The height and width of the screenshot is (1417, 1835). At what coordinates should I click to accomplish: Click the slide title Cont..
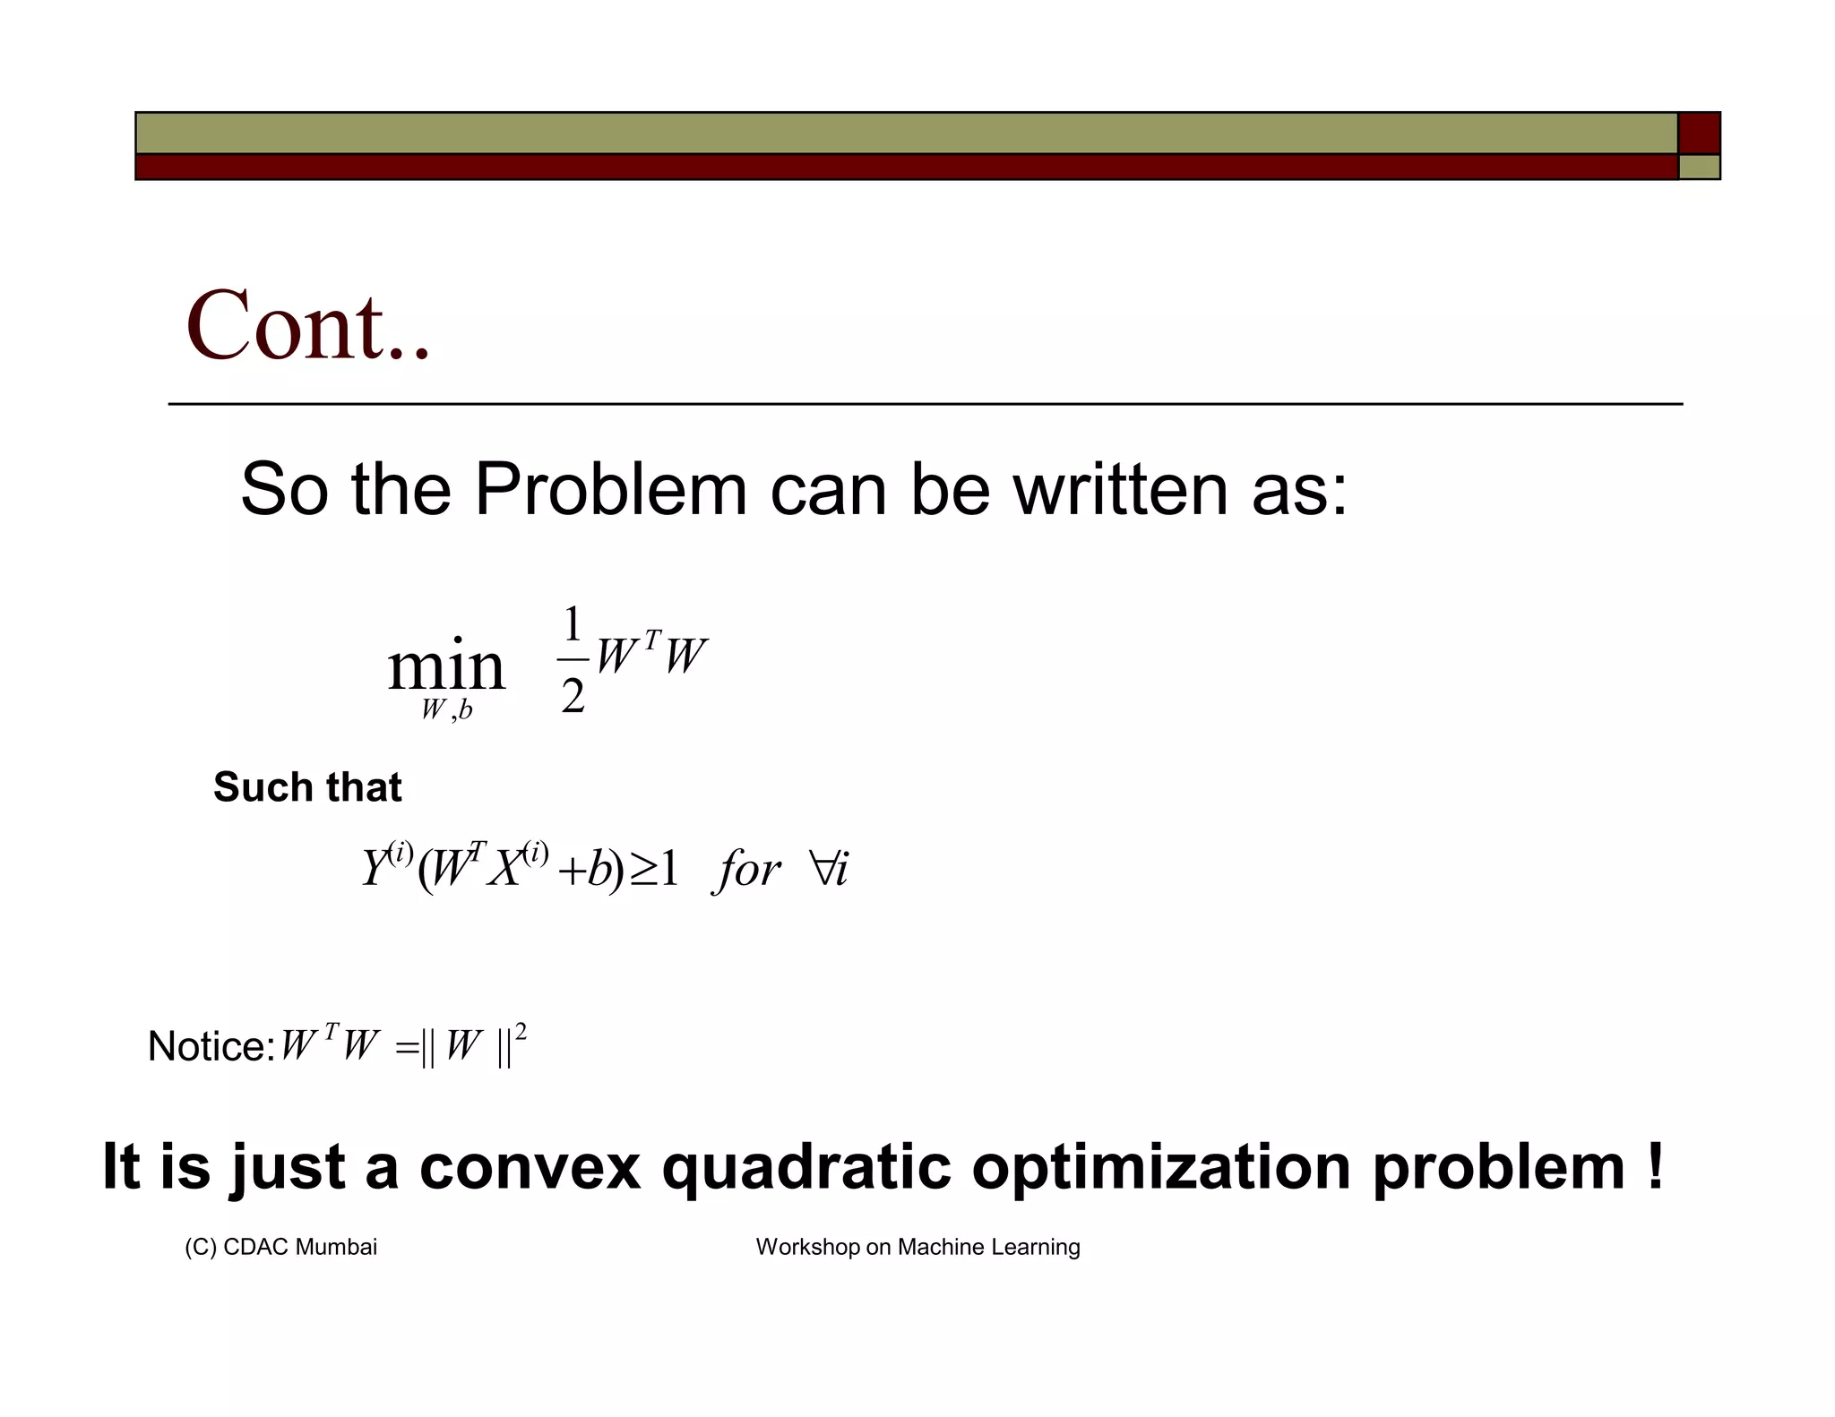(307, 325)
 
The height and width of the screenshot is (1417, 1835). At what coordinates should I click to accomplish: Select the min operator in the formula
(446, 666)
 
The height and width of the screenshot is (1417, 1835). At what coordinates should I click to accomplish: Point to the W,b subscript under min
(446, 710)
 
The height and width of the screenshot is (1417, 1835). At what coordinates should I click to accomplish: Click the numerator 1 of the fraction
(573, 623)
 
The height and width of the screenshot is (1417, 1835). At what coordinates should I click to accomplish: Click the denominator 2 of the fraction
(573, 696)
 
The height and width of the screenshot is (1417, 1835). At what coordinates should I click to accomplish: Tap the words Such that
(307, 787)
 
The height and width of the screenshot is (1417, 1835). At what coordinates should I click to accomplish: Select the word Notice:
(211, 1046)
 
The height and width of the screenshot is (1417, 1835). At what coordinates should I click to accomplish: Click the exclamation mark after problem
(1654, 1165)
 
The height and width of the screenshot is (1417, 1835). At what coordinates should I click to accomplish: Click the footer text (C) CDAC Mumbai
(280, 1247)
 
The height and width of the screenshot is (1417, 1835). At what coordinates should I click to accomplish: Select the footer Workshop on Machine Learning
(917, 1247)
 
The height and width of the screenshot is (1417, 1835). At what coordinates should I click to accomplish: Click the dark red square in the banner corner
(1699, 133)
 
